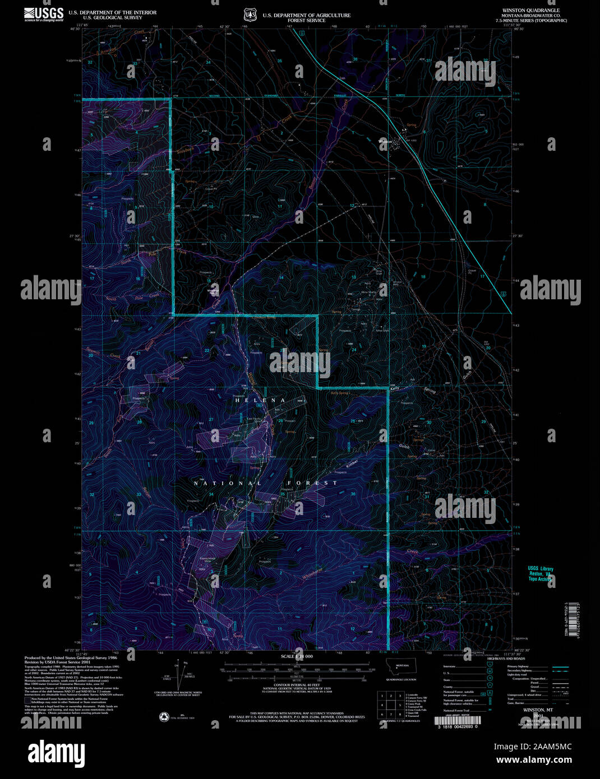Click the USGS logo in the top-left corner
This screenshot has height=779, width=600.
coord(44,15)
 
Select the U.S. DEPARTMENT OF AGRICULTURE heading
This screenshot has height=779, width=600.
coord(307,15)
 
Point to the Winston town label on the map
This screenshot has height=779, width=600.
coord(386,141)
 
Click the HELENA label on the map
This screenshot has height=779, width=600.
coord(260,400)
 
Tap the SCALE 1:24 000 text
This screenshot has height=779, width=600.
coord(297,656)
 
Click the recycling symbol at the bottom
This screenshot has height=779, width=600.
coord(164,716)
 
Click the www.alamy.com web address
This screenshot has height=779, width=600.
coord(533,760)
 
